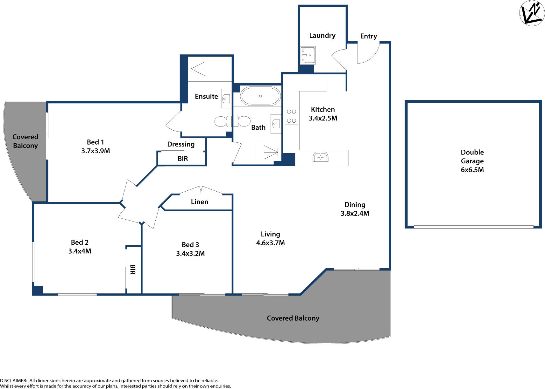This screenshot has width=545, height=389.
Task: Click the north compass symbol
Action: tap(532, 13)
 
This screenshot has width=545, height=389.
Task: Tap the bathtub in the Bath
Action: tap(260, 96)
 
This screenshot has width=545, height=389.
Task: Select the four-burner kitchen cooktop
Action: tap(291, 116)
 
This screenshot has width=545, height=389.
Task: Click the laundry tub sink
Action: tap(308, 55)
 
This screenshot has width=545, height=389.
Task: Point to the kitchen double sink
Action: tap(320, 157)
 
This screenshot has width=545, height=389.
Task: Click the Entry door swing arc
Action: tap(369, 54)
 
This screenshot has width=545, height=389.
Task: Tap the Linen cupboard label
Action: tap(199, 202)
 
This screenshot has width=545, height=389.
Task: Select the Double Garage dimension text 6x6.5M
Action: tap(472, 170)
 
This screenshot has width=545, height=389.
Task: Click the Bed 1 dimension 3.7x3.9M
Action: tap(96, 151)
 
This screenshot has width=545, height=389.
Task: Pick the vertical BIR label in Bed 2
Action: tap(133, 270)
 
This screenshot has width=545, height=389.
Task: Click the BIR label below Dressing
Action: tap(182, 159)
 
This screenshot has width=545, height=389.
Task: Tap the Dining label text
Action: tap(355, 205)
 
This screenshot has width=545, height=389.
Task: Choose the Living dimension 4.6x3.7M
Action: tap(270, 243)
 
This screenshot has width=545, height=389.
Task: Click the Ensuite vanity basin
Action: tap(226, 99)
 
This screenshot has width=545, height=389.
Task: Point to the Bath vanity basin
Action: tap(276, 123)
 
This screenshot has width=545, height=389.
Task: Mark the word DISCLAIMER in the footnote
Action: tap(13, 380)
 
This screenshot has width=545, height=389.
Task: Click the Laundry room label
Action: tap(322, 36)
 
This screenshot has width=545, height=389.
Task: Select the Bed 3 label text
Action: tap(190, 245)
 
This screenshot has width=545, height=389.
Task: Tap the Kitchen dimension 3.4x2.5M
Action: tap(322, 118)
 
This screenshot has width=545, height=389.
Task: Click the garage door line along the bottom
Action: tap(473, 227)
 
